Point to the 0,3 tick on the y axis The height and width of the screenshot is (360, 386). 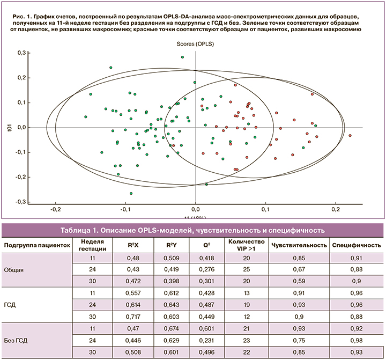[x=21, y=53]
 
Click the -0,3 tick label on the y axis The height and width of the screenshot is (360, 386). [x=20, y=202]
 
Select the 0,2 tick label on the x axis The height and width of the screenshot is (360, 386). [x=336, y=209]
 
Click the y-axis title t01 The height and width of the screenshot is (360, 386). [x=8, y=127]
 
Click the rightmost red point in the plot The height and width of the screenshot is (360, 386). [x=350, y=135]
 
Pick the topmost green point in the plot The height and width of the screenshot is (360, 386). [x=182, y=57]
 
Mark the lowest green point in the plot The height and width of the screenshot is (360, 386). [x=131, y=193]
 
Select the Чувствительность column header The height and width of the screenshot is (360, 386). [x=299, y=245]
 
